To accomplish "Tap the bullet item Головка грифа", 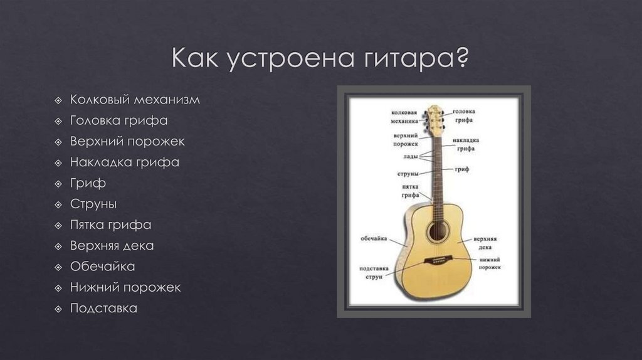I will point(118,120).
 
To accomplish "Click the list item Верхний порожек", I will point(127,141).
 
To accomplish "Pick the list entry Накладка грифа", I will point(125,162).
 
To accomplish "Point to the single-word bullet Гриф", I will point(88,183).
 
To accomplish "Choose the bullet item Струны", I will point(93,204).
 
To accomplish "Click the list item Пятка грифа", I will point(110,225).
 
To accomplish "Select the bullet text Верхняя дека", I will point(112,245).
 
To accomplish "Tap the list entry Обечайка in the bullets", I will point(102,267).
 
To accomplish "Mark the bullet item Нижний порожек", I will point(125,287).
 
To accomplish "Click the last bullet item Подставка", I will point(103,308).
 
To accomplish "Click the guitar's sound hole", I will point(437,231).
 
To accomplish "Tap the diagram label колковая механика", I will point(404,116).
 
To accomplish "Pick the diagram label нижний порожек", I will point(489,263).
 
